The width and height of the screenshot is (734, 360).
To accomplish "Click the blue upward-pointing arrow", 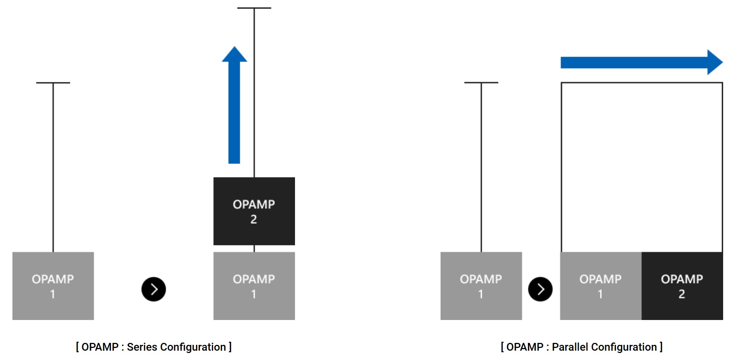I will (234, 105).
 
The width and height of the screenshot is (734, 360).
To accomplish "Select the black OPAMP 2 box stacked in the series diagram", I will (254, 211).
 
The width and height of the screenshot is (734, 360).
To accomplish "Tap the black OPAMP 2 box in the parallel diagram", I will (682, 286).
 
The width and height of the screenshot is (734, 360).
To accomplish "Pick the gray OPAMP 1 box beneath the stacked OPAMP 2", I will (254, 286).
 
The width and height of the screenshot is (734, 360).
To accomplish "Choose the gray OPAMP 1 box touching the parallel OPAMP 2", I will (600, 286).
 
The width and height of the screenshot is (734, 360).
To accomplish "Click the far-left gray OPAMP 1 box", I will (53, 286).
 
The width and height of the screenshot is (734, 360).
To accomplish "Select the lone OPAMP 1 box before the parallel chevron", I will (481, 286).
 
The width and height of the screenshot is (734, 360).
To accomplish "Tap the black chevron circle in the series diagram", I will (154, 289).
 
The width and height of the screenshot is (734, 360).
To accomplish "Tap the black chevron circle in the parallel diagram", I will (540, 289).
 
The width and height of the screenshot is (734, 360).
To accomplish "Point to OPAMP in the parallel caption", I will (524, 347).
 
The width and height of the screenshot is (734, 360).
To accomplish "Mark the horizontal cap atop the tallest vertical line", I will (254, 8).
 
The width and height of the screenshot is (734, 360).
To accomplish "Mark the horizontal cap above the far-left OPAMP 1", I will (53, 83).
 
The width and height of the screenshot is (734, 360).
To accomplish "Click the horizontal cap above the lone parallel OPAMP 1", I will (481, 83).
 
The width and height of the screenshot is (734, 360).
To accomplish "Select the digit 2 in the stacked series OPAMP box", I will (253, 219).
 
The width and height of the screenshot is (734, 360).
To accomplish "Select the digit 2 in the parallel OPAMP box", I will (682, 294).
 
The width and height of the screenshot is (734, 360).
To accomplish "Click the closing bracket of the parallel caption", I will (661, 347).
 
